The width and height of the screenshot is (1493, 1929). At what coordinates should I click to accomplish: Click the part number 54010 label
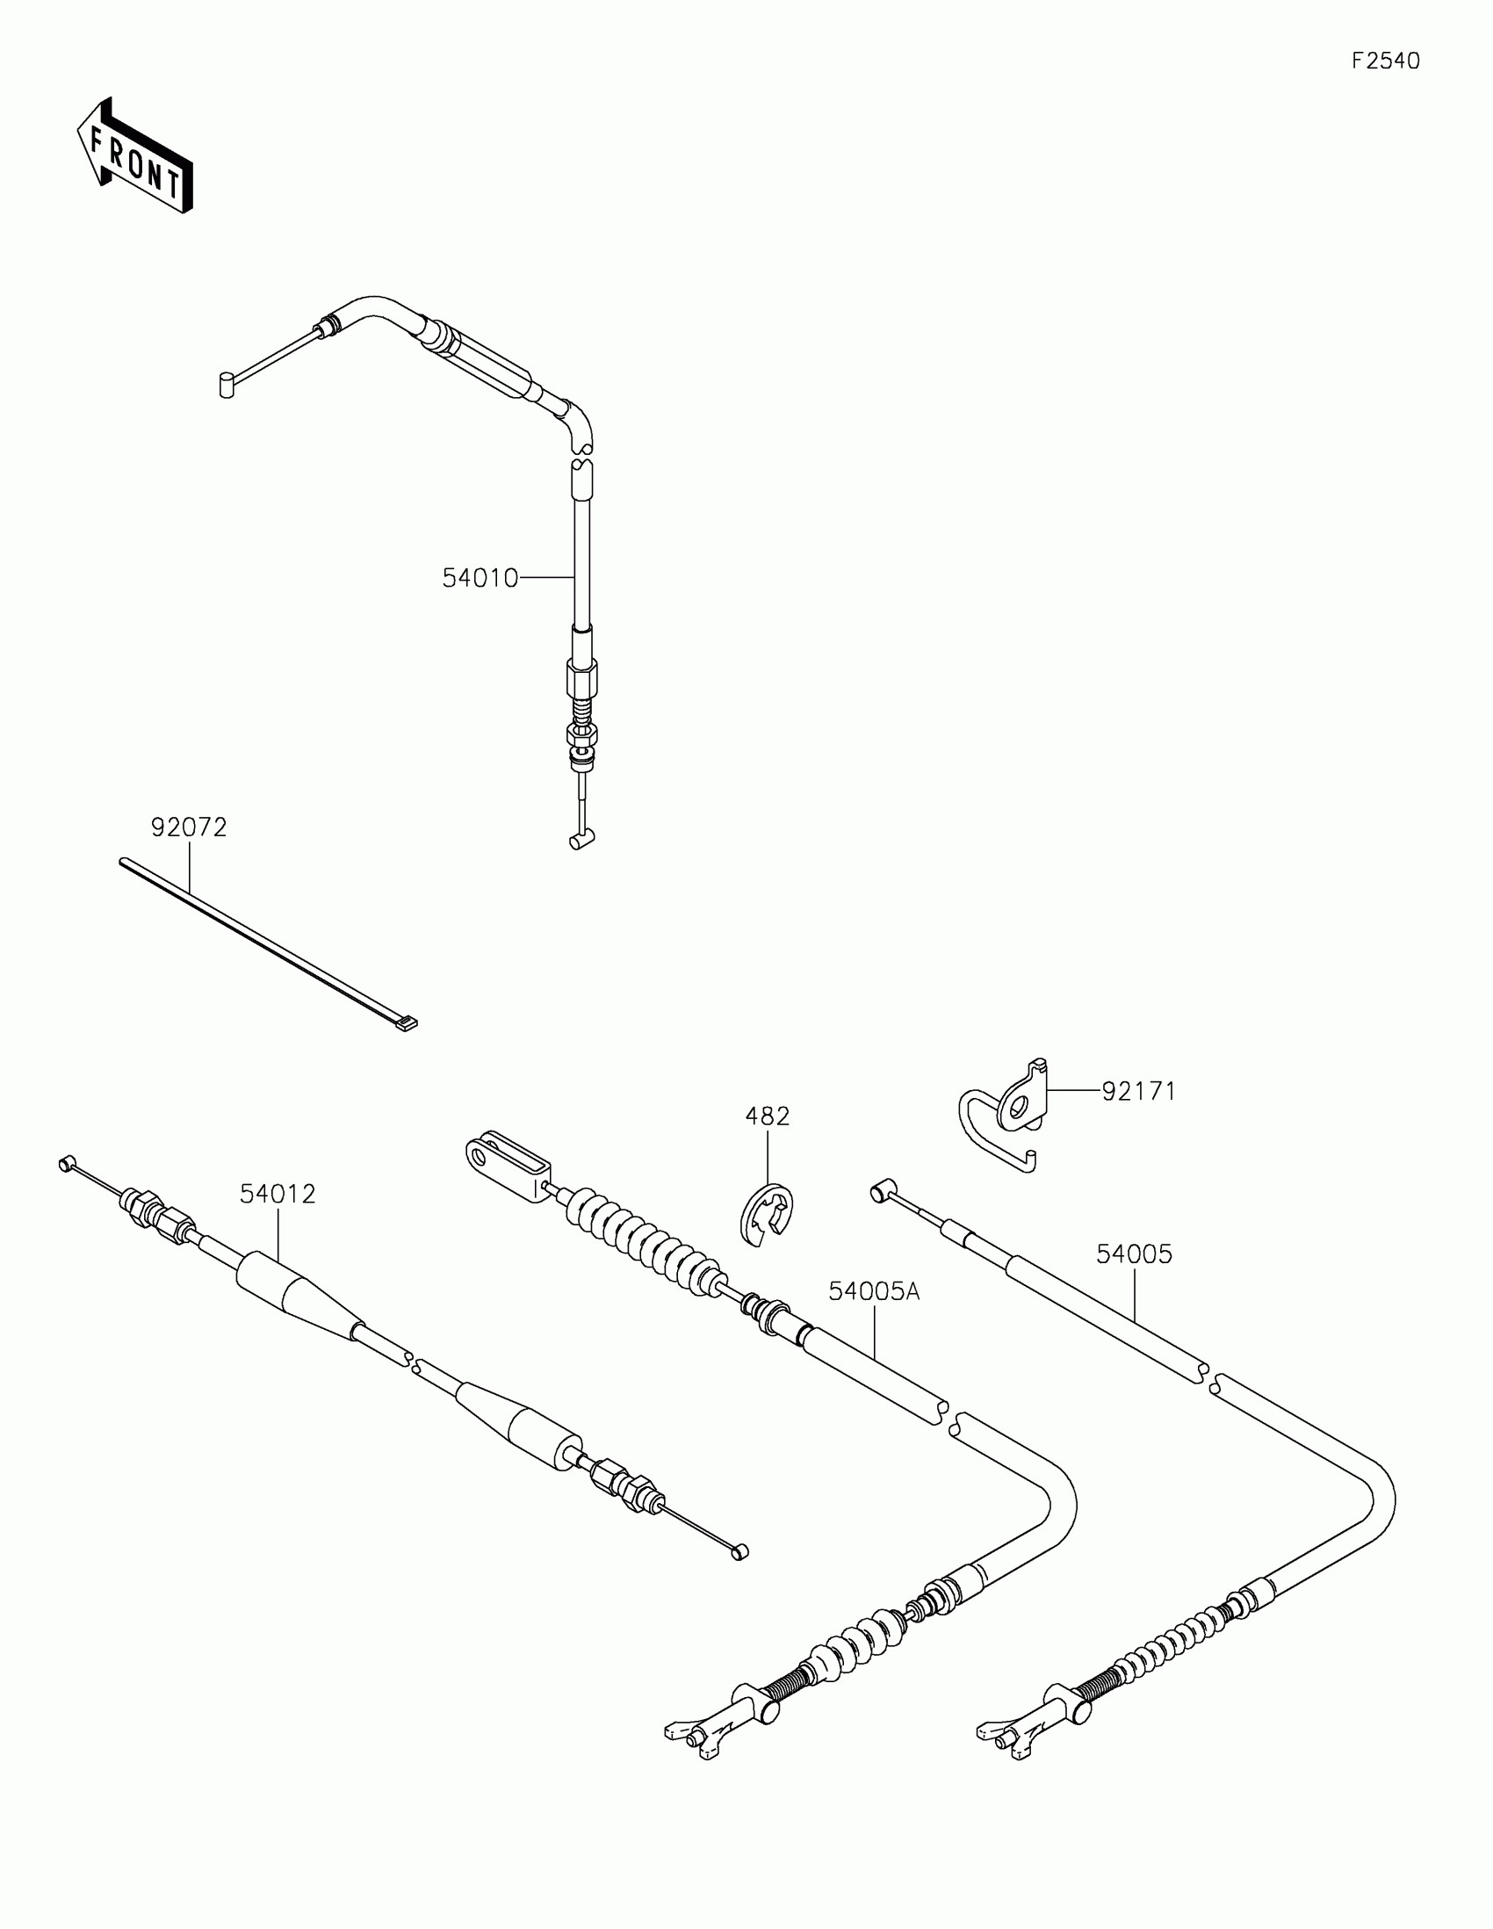480,579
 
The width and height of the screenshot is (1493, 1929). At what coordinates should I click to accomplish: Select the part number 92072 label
189,827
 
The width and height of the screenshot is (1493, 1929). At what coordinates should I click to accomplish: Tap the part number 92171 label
1138,1092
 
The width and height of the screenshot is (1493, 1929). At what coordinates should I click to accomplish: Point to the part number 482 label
768,1116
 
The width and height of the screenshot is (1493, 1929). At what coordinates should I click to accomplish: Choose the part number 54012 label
278,1194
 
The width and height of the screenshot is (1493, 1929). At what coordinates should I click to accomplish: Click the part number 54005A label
873,1291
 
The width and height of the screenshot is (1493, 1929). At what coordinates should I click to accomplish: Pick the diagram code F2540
1385,61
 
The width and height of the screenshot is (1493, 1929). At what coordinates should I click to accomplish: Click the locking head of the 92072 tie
406,1024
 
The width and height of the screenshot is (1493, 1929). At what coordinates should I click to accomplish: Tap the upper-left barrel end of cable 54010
226,385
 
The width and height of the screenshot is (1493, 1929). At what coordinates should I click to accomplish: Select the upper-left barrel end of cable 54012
64,1164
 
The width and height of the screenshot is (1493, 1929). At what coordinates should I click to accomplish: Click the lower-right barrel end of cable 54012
739,1552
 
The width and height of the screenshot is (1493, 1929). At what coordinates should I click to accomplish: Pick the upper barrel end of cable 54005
880,1192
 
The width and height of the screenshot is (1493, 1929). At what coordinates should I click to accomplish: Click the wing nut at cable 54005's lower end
1012,1732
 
